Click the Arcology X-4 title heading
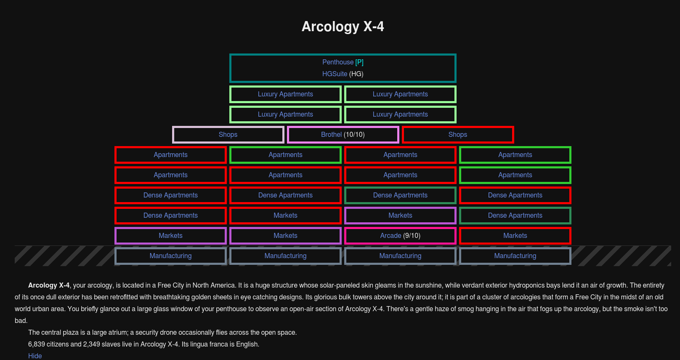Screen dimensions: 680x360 pyautogui.click(x=343, y=27)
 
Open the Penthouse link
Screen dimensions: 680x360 pyautogui.click(x=338, y=62)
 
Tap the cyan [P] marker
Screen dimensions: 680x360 pyautogui.click(x=359, y=62)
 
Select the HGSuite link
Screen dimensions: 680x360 pyautogui.click(x=335, y=74)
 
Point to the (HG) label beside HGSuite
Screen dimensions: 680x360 pyautogui.click(x=356, y=74)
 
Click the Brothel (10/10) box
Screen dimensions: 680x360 pyautogui.click(x=343, y=135)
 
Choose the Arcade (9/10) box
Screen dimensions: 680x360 pyautogui.click(x=401, y=236)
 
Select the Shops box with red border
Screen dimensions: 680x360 pyautogui.click(x=458, y=135)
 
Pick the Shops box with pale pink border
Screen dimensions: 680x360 pyautogui.click(x=228, y=135)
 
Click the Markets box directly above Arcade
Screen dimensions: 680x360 pyautogui.click(x=401, y=216)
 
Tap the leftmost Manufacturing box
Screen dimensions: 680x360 pyautogui.click(x=170, y=256)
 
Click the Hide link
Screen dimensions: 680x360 pyautogui.click(x=35, y=356)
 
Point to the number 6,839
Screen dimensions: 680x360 pyautogui.click(x=37, y=344)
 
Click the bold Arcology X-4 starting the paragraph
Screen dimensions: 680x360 pyautogui.click(x=49, y=285)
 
